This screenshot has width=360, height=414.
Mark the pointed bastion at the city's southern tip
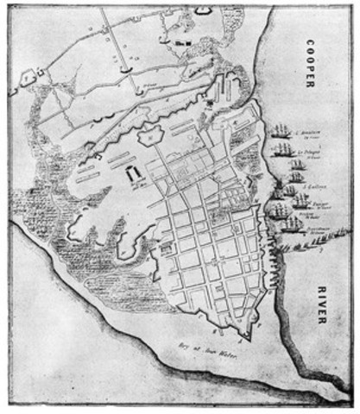point(249,336)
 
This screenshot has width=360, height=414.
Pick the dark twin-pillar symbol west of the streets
point(136,177)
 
